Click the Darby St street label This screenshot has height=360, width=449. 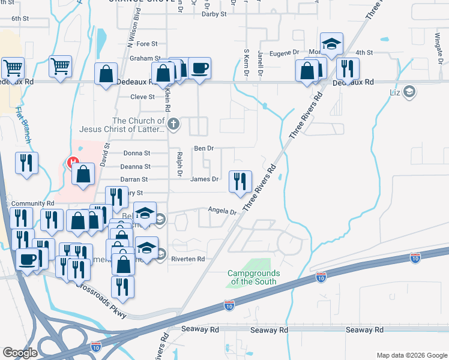[215, 13]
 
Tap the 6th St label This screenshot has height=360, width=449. [20, 19]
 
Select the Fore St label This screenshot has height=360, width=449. [147, 44]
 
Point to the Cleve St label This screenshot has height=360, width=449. [142, 97]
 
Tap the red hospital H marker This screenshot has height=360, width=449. [73, 163]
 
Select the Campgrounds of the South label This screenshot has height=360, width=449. [252, 277]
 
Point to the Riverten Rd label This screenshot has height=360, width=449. [188, 259]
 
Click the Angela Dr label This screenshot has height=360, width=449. [223, 210]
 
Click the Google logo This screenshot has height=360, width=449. [20, 352]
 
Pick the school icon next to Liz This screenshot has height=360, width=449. [409, 92]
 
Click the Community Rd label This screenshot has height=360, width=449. [32, 203]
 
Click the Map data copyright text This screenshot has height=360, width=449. [411, 355]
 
